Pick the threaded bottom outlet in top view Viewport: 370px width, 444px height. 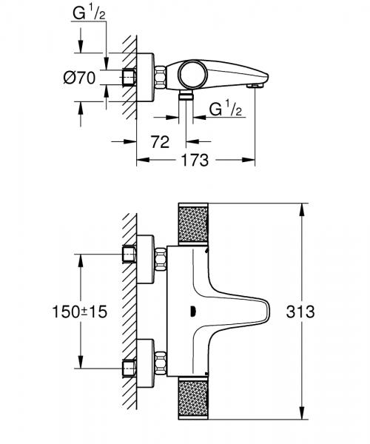coord(185,96)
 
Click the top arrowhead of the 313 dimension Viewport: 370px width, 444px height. coord(302,207)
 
